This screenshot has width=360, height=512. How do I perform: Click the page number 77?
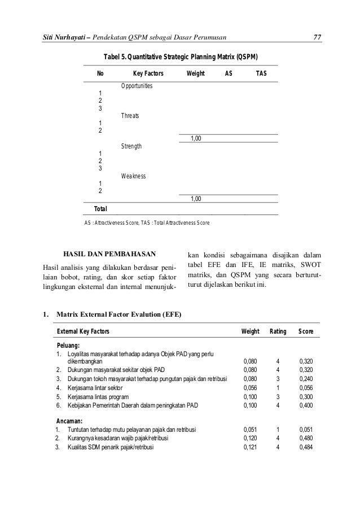(317, 38)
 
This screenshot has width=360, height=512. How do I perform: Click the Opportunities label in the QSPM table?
(139, 85)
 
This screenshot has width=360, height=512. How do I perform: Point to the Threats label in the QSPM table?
(131, 116)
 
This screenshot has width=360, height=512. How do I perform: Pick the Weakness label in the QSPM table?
(133, 176)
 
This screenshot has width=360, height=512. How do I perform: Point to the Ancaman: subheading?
(69, 421)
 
